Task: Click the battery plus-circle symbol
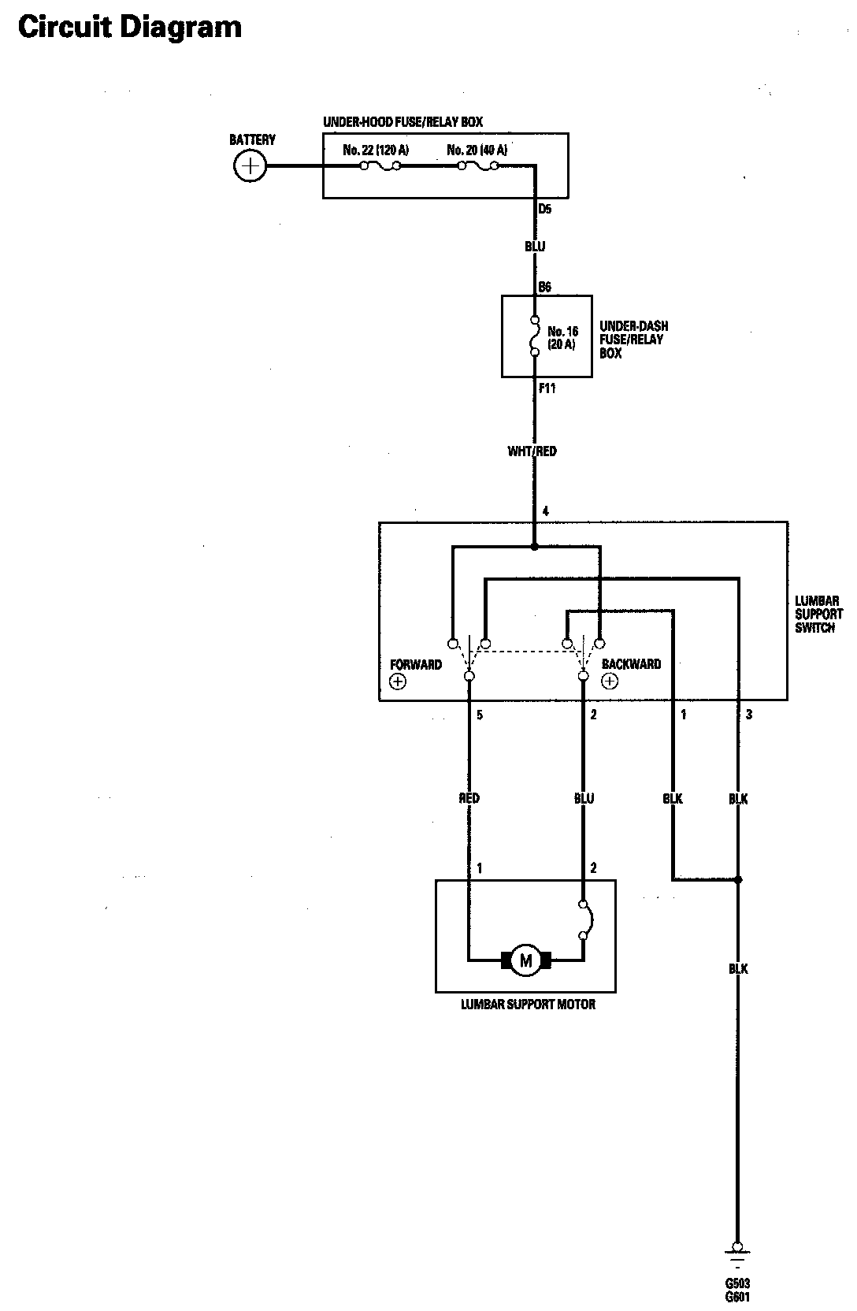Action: click(250, 166)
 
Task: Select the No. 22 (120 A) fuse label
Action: click(376, 150)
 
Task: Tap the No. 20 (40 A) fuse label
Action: click(477, 150)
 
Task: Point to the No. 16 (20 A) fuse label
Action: click(562, 338)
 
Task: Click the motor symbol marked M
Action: click(525, 960)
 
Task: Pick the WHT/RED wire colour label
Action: click(532, 451)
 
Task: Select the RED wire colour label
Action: click(469, 798)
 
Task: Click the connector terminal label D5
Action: click(545, 210)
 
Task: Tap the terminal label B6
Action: click(544, 288)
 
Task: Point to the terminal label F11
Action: click(547, 388)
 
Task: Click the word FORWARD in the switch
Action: click(416, 664)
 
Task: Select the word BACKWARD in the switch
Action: click(631, 664)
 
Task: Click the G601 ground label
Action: click(738, 1297)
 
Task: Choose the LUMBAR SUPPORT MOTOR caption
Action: click(528, 1005)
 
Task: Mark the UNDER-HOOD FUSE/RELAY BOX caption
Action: click(403, 122)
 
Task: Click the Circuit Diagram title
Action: click(130, 28)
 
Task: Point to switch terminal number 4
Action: click(546, 511)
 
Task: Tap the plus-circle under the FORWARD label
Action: click(398, 681)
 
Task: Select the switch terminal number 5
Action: click(480, 715)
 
